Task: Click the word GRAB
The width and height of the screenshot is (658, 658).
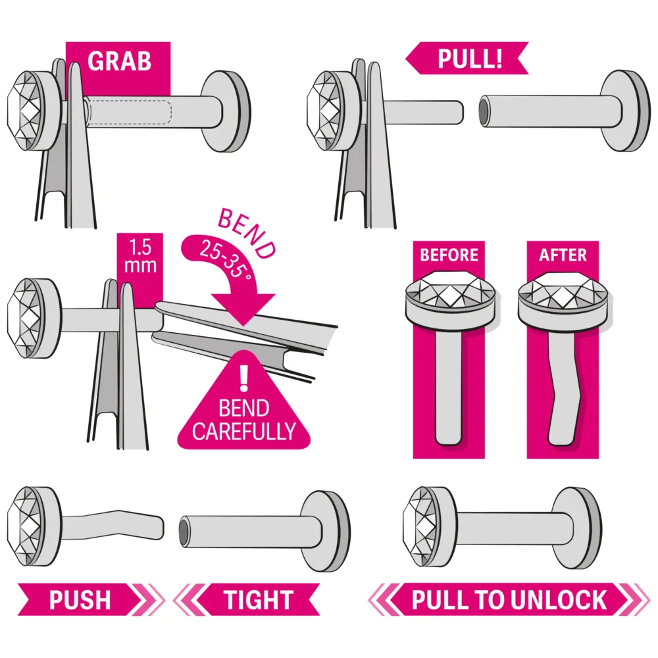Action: click(119, 61)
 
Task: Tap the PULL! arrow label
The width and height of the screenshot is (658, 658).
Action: click(467, 59)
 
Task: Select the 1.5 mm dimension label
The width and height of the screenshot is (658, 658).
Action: click(140, 256)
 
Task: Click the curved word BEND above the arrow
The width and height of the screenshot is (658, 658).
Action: click(247, 234)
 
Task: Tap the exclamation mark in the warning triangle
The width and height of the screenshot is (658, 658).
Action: click(244, 378)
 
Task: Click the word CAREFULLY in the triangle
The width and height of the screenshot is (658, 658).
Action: click(244, 431)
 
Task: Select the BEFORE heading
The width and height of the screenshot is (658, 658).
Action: click(449, 255)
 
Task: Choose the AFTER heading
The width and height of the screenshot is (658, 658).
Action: click(563, 255)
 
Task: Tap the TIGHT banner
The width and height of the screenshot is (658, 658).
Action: click(247, 599)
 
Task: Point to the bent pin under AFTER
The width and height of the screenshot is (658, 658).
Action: click(564, 390)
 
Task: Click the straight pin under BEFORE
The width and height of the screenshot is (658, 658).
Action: click(449, 386)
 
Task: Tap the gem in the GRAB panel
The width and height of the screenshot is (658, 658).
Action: click(26, 111)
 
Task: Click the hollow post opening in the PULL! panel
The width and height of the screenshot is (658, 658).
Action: click(484, 111)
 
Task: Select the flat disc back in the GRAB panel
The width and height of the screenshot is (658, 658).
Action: click(226, 111)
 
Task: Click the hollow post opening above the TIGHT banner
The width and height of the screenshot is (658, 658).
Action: click(184, 532)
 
